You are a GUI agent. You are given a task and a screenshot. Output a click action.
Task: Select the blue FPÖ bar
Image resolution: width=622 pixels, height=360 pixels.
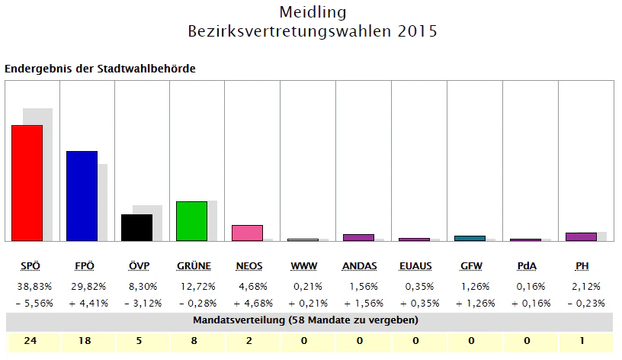point(82,196)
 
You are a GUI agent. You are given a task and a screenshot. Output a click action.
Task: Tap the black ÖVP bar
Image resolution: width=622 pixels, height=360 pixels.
point(136,227)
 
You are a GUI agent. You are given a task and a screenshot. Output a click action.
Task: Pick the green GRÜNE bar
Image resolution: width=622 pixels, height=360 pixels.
point(191,221)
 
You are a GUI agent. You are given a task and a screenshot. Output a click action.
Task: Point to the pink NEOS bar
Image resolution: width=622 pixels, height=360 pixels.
point(247,233)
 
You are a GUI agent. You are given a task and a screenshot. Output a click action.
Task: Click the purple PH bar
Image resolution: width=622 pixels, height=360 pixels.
point(581,236)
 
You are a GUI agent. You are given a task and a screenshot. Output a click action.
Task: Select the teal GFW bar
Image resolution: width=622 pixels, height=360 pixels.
point(470,238)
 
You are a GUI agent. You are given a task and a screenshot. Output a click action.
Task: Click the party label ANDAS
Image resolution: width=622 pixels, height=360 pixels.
point(358,265)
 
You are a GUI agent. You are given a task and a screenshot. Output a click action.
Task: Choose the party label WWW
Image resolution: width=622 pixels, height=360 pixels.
point(303,265)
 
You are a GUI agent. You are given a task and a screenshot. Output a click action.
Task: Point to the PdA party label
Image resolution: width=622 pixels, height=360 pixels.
point(525,265)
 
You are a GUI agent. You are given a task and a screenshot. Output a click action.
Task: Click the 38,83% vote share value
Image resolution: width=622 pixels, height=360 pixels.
point(32,287)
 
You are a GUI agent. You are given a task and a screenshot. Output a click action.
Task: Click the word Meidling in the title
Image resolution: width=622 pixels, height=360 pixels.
point(313,12)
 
